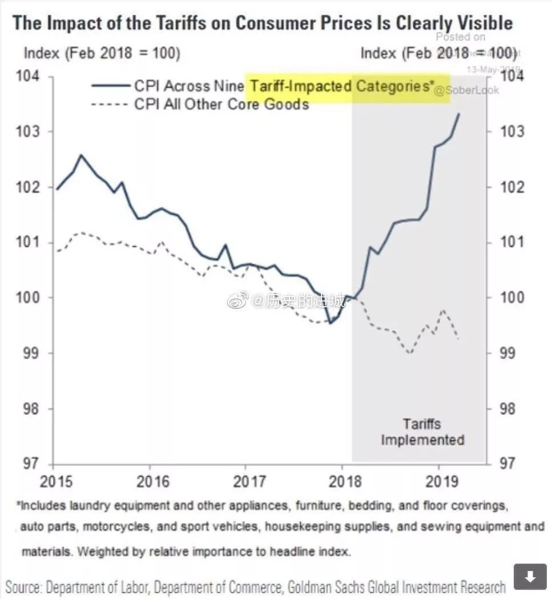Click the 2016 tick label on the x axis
[x=154, y=481]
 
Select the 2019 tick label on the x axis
[x=439, y=481]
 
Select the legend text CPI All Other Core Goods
[x=221, y=104]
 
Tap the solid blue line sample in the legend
[x=111, y=86]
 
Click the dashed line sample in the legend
[x=111, y=104]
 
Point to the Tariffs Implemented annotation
[x=422, y=432]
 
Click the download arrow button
[x=530, y=577]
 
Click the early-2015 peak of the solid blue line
[x=81, y=155]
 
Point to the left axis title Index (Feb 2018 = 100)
[x=102, y=54]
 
